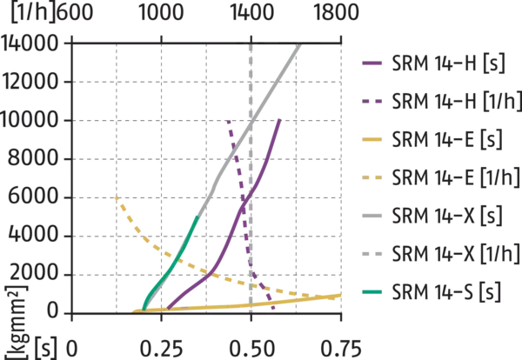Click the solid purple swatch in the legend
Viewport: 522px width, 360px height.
[375, 63]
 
